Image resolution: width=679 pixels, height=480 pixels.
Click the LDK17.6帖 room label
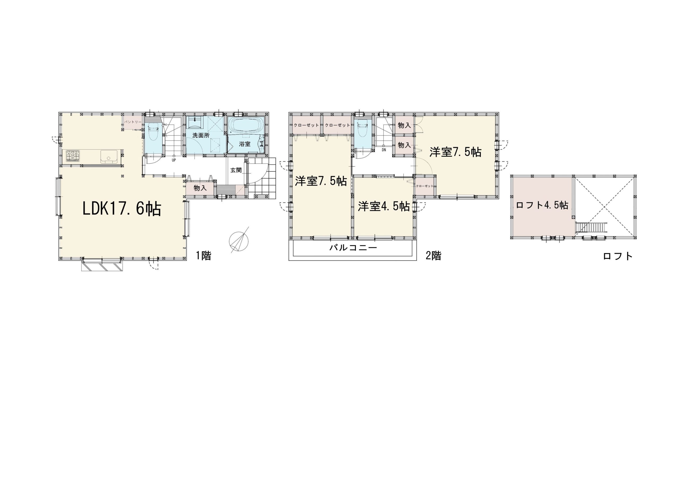(x=121, y=209)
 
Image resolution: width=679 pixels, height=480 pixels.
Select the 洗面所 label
(x=201, y=136)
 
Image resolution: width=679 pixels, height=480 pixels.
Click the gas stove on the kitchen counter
(x=73, y=156)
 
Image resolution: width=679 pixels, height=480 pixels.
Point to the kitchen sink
(x=109, y=156)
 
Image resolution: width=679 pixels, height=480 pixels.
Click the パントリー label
(x=133, y=122)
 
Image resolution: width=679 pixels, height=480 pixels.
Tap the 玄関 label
(x=236, y=170)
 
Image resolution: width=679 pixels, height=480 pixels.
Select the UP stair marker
(x=174, y=160)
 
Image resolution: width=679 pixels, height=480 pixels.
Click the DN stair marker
(x=384, y=150)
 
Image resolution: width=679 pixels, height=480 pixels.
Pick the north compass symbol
(x=239, y=240)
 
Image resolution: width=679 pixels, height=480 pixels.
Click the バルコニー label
(x=353, y=247)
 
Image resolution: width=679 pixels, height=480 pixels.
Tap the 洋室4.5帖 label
(x=384, y=206)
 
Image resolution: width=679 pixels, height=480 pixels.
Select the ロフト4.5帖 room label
(x=542, y=205)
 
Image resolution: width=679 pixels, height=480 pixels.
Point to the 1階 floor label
(x=203, y=256)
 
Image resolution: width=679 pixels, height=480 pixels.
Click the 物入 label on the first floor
(x=200, y=188)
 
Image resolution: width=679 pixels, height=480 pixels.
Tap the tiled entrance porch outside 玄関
(x=262, y=178)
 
